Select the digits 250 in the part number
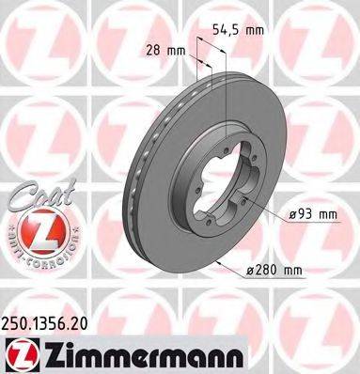17,322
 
